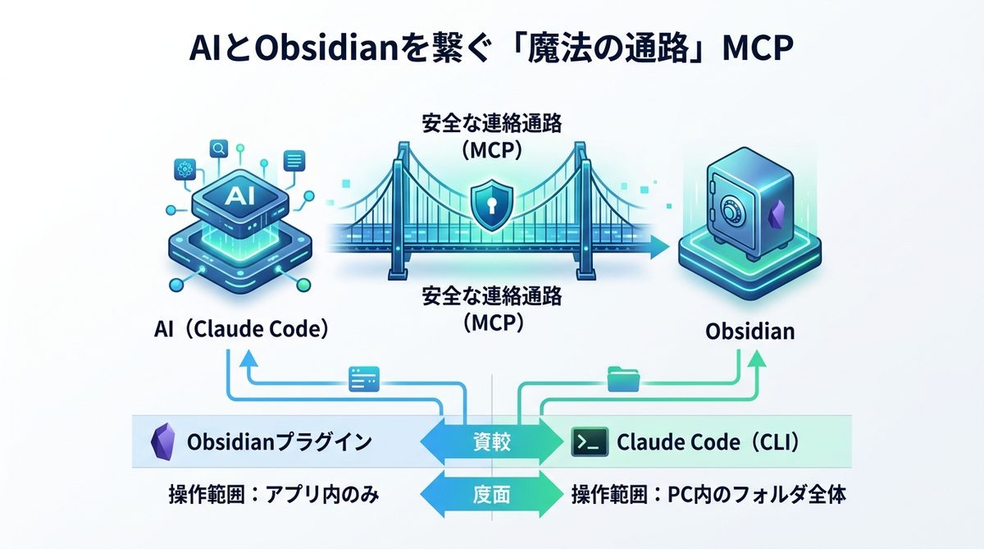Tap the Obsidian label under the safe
749,332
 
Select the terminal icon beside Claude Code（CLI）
590,443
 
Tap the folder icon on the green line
618,378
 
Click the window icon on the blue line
362,378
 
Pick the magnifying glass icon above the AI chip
219,149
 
